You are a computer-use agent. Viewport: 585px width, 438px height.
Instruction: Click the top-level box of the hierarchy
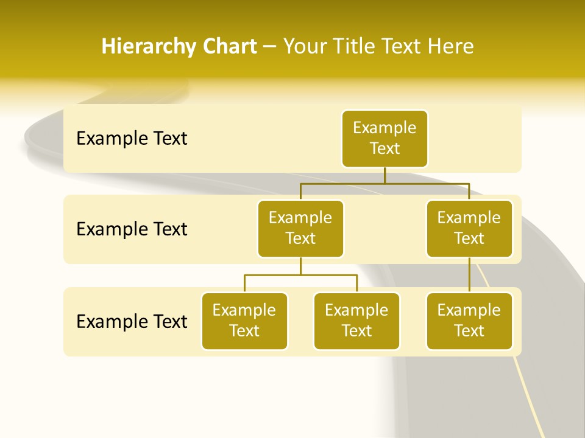pos(385,138)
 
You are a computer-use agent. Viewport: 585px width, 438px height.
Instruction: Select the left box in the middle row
pos(300,228)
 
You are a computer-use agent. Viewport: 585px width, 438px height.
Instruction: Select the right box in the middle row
pos(469,228)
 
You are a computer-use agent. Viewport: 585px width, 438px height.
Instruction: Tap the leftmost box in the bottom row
pos(244,321)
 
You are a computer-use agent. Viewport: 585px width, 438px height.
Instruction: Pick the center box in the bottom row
pos(356,321)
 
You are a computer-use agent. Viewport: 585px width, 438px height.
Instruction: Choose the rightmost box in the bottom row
pos(469,321)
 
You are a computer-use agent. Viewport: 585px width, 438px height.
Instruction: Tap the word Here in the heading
pos(451,47)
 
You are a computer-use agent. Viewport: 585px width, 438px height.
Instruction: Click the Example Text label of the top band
pos(132,139)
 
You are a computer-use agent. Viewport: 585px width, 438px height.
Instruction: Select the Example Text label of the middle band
pos(132,229)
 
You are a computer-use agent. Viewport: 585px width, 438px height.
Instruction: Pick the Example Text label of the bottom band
pos(132,321)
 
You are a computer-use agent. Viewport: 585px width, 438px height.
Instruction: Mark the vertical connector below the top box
pos(385,175)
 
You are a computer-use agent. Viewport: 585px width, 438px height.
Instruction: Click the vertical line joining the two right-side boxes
pos(469,275)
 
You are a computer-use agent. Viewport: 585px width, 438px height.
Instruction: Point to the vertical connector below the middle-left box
pos(300,266)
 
